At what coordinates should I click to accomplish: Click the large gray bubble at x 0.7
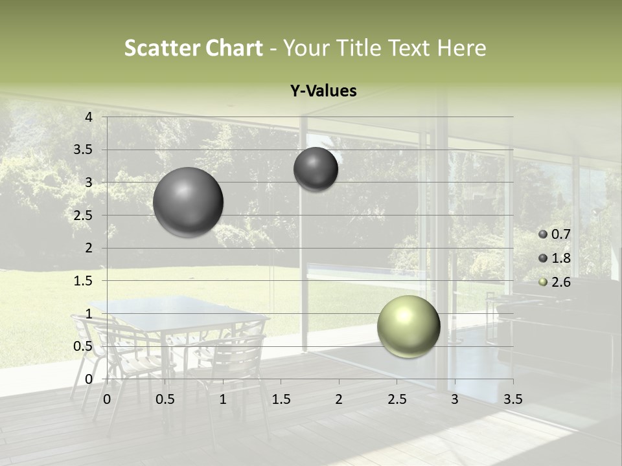(x=188, y=202)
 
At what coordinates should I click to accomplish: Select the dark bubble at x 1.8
(x=316, y=169)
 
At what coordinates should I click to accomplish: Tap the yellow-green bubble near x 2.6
(x=408, y=326)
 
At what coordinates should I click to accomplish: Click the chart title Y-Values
(x=323, y=91)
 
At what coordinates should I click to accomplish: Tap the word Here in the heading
(x=462, y=48)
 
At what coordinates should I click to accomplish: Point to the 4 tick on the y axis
(x=89, y=117)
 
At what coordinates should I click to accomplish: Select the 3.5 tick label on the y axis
(x=84, y=150)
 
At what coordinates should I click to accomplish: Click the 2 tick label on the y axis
(x=89, y=248)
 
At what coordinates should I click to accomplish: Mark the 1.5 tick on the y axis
(x=84, y=281)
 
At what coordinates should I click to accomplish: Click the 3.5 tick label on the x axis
(x=513, y=399)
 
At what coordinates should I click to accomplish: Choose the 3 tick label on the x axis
(x=455, y=399)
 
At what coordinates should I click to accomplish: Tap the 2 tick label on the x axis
(x=339, y=399)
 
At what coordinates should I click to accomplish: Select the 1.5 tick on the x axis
(x=281, y=399)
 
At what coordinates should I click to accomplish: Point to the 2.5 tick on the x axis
(x=397, y=399)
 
